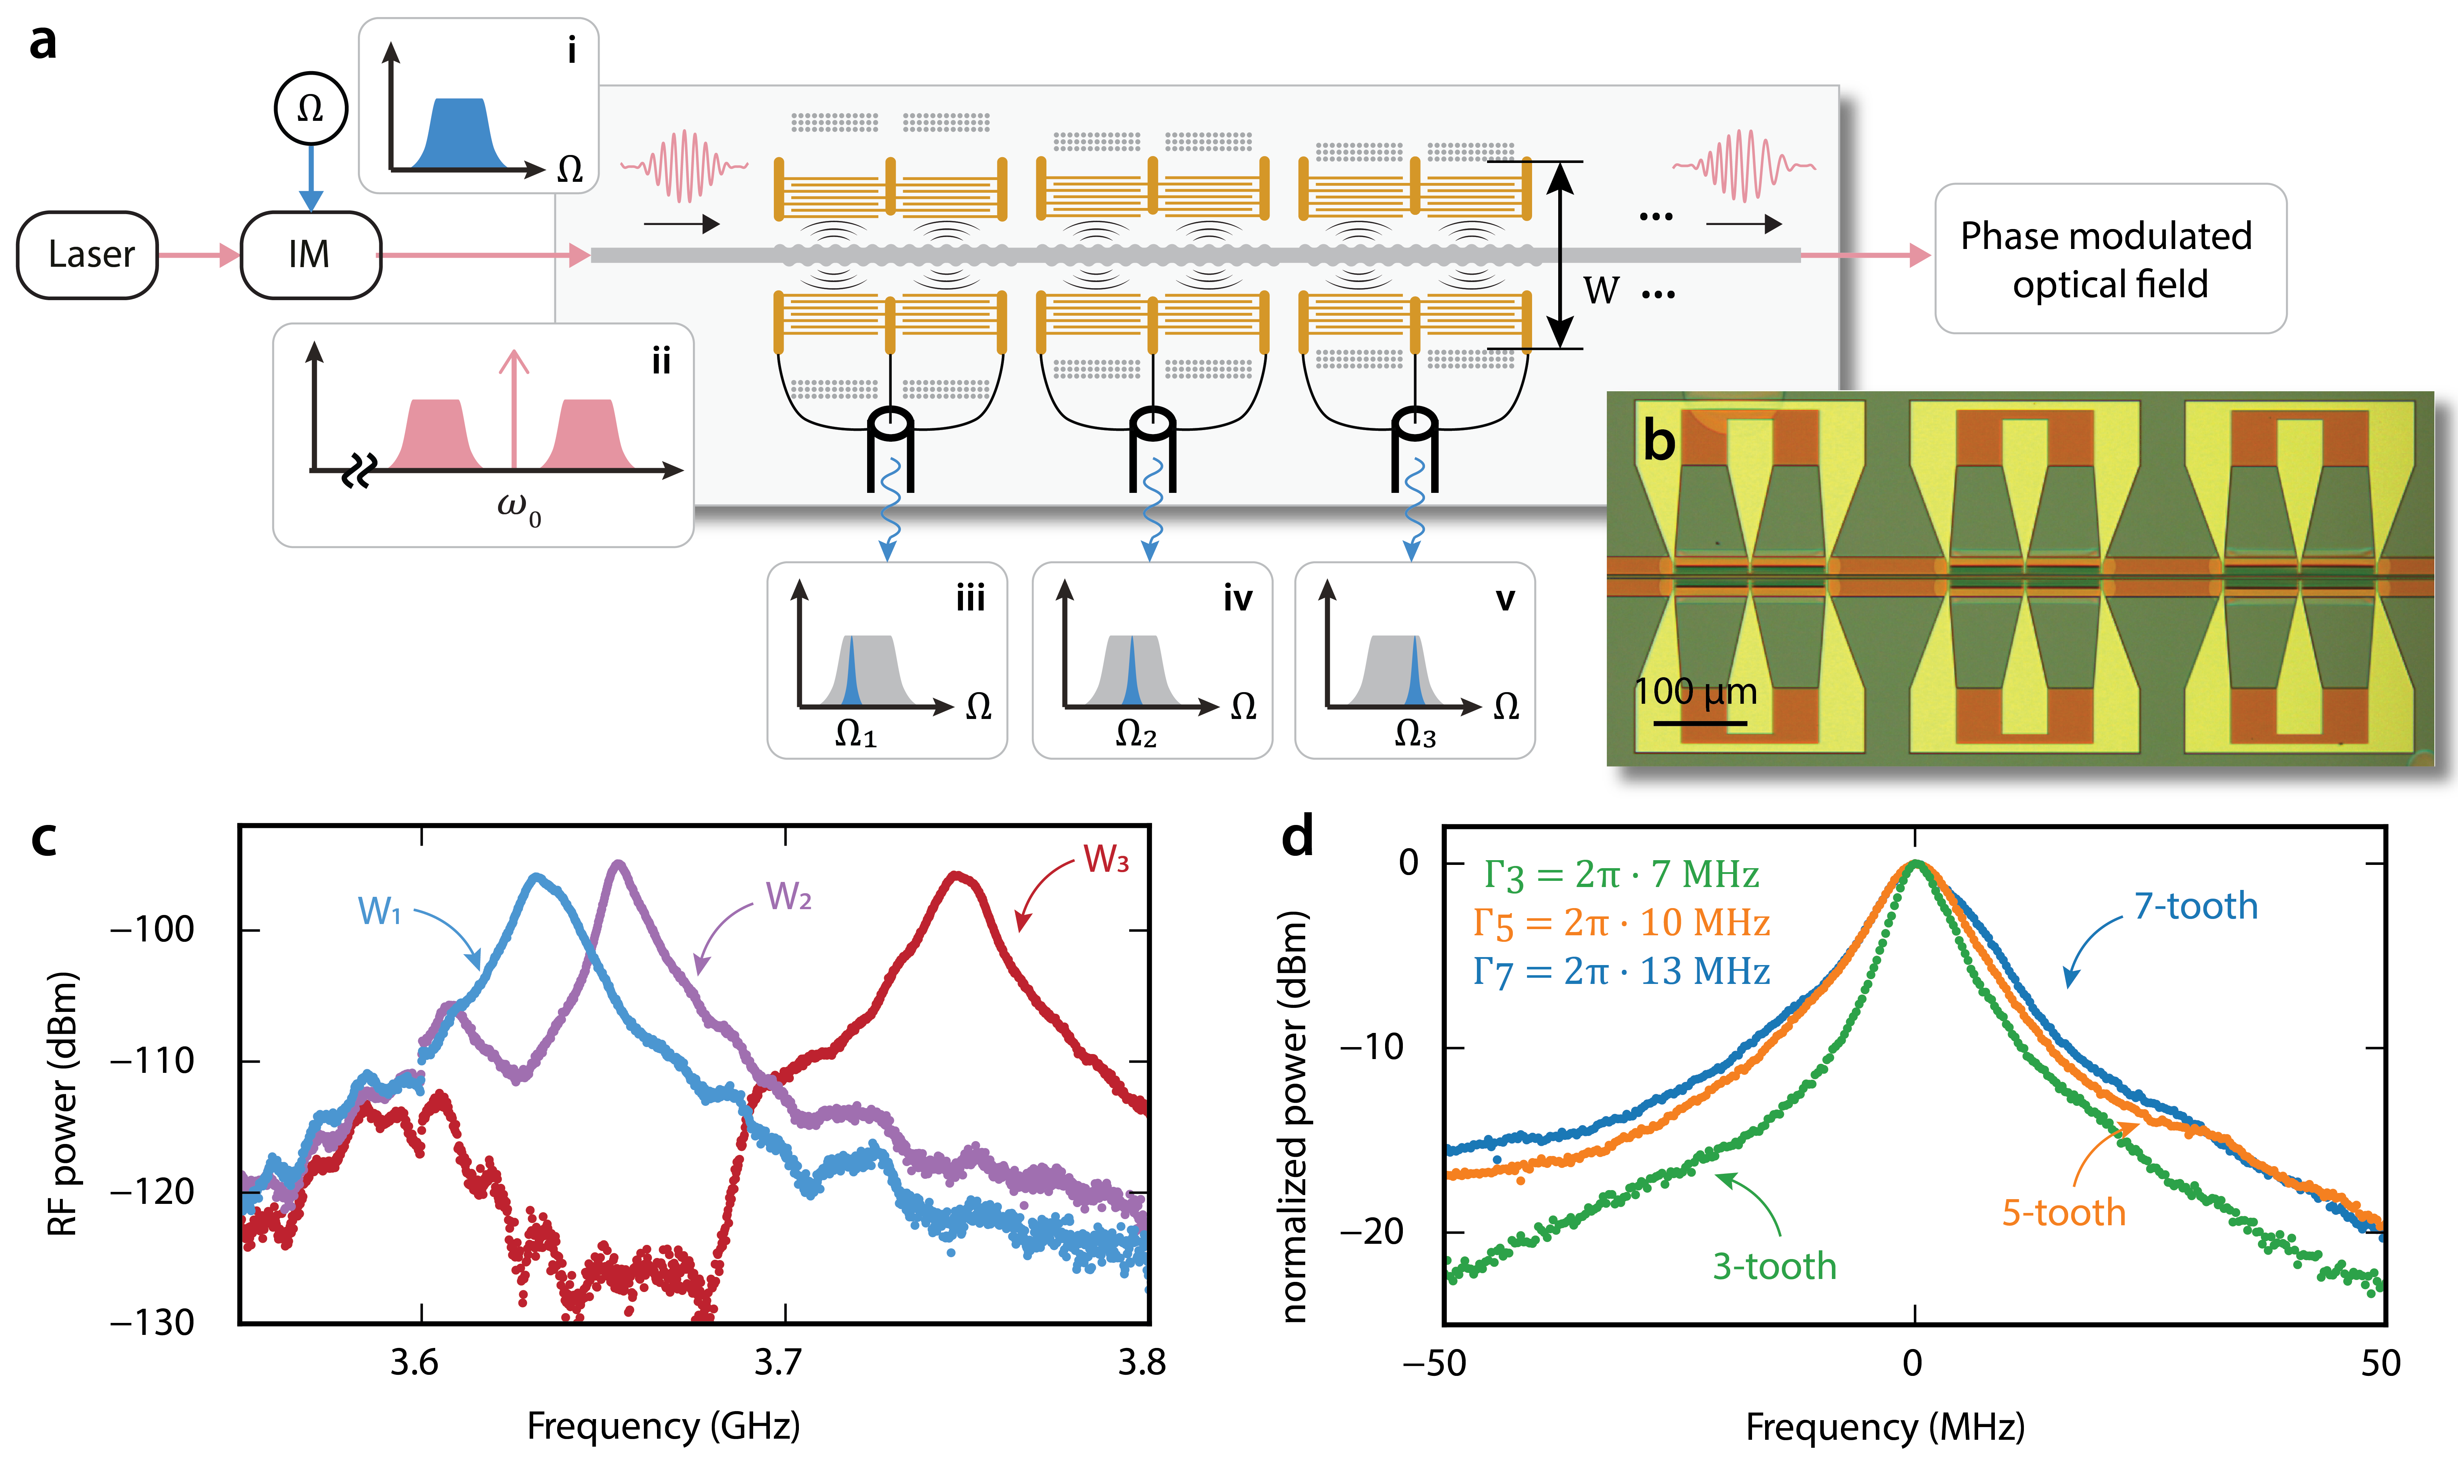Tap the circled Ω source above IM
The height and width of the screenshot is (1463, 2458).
click(x=311, y=109)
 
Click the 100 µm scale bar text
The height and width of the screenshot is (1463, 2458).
click(x=1696, y=692)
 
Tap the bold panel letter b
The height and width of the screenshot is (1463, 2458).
click(x=1659, y=441)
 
